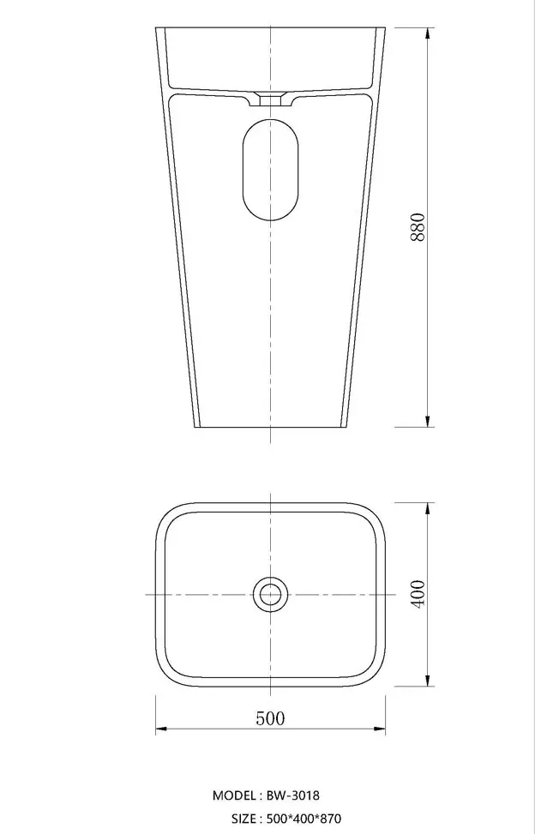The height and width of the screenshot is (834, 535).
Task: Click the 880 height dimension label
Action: [x=418, y=227]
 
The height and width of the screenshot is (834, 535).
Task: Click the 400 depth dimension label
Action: [x=418, y=594]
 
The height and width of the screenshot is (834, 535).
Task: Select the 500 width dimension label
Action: [x=270, y=718]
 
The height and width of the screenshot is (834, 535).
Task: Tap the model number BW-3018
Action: [x=293, y=795]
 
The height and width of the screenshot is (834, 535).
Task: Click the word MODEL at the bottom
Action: [x=234, y=795]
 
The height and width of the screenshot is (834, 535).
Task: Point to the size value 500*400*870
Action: [x=304, y=818]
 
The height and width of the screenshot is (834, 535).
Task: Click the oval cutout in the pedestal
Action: [x=270, y=170]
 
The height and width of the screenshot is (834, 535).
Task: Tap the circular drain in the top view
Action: [x=270, y=594]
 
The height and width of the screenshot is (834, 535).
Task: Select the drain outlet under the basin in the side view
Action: [x=271, y=99]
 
